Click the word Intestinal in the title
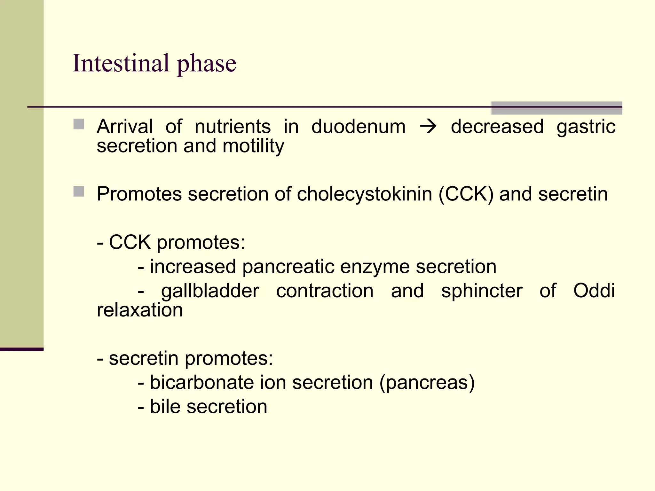pyautogui.click(x=121, y=63)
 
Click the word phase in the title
pyautogui.click(x=206, y=64)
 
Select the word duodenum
pyautogui.click(x=358, y=127)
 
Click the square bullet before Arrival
pyautogui.click(x=79, y=124)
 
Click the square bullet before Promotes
pyautogui.click(x=79, y=192)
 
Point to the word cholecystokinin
pyautogui.click(x=364, y=194)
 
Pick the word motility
pyautogui.click(x=253, y=146)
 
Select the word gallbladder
pyautogui.click(x=210, y=291)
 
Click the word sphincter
pyautogui.click(x=482, y=291)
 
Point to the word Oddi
pyautogui.click(x=594, y=291)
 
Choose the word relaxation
pyautogui.click(x=140, y=310)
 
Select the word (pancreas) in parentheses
pyautogui.click(x=427, y=383)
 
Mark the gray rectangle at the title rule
pyautogui.click(x=556, y=108)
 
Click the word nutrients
pyautogui.click(x=233, y=127)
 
